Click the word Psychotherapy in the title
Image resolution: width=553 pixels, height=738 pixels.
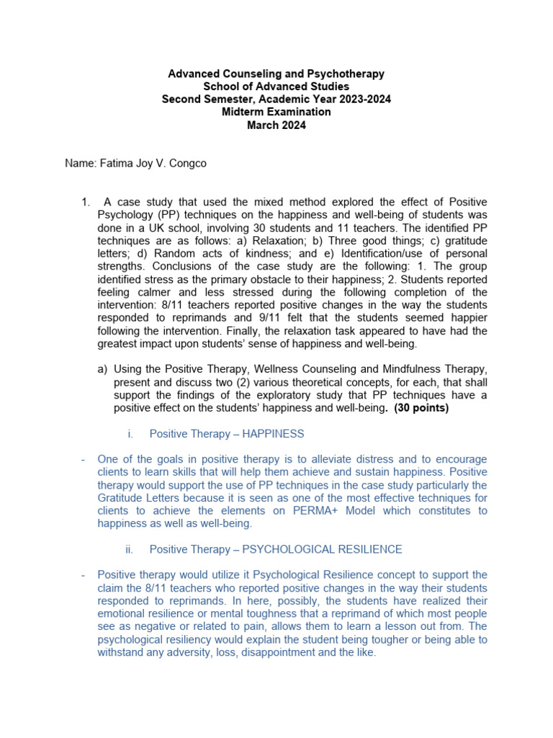click(346, 74)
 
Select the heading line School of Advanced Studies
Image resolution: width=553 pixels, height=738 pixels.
click(276, 86)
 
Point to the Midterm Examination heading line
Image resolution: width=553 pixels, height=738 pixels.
click(276, 112)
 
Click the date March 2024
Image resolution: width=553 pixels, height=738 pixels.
click(276, 125)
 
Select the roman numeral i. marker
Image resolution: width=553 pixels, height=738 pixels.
click(130, 434)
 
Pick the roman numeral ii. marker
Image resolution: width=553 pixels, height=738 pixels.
click(129, 550)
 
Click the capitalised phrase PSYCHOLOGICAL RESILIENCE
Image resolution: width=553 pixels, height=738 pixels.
click(322, 550)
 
